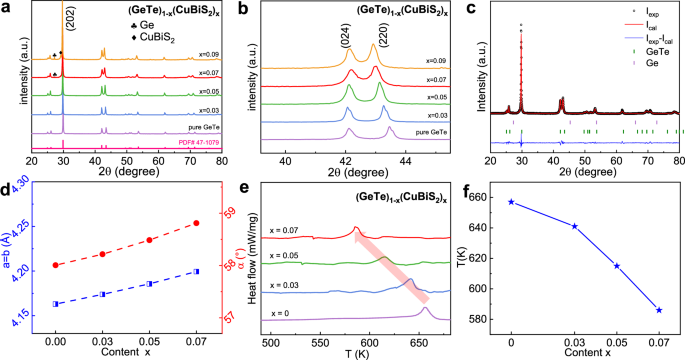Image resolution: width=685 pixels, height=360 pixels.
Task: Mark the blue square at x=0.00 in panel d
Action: pyautogui.click(x=56, y=304)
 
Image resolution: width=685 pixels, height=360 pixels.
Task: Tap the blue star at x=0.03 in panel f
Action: pyautogui.click(x=574, y=226)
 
